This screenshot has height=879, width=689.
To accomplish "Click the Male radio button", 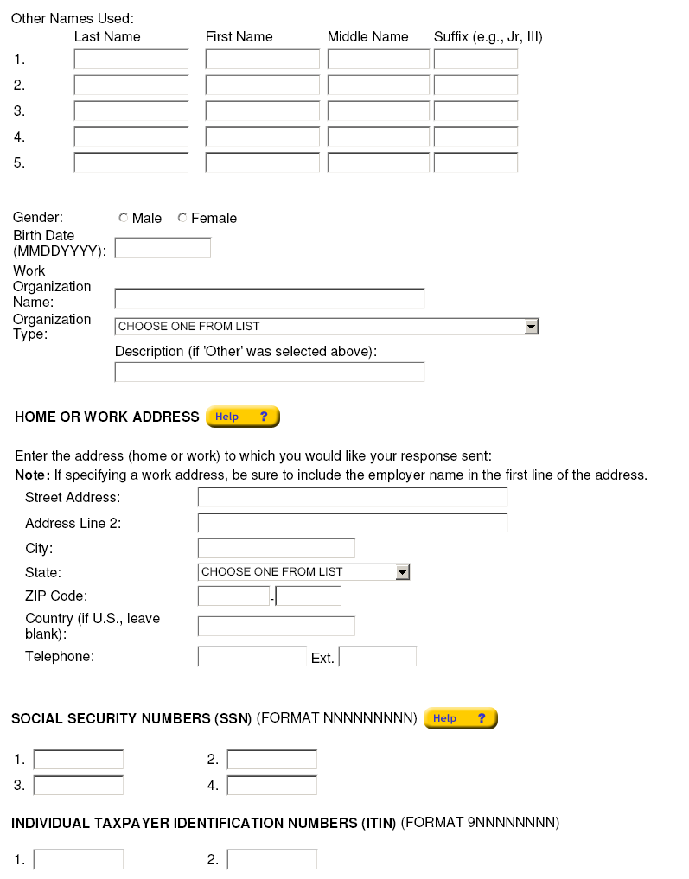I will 123,218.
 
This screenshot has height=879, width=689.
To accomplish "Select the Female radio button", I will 182,218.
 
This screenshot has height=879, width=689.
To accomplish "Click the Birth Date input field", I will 163,248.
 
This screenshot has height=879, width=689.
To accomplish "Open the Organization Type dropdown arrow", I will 532,327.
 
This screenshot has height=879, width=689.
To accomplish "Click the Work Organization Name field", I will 270,298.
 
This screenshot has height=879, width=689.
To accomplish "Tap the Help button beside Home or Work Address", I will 242,417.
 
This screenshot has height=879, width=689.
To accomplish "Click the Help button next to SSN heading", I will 460,718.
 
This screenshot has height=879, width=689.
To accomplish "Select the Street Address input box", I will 353,498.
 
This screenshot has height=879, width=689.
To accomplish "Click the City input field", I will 277,549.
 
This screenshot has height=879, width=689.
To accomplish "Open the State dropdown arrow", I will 402,572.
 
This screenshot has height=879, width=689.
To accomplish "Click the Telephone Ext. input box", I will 378,657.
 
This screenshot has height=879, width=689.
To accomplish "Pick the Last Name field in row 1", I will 131,60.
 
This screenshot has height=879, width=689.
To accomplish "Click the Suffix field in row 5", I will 475,162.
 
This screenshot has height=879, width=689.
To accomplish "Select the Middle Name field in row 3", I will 378,111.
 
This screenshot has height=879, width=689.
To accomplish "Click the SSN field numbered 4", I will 272,786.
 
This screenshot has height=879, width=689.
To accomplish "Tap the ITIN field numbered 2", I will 272,860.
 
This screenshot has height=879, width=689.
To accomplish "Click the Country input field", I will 277,627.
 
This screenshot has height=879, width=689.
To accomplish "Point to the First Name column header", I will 239,37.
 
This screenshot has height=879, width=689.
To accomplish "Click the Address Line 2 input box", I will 353,523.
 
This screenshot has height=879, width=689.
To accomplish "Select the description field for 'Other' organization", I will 270,373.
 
